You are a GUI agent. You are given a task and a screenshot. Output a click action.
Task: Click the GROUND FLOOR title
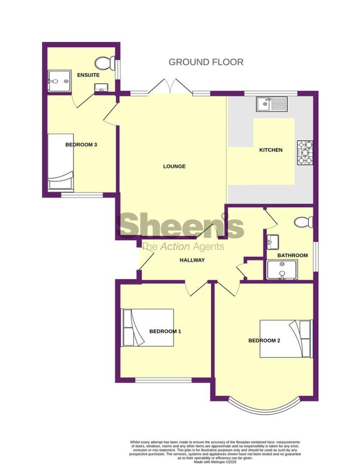point(206,62)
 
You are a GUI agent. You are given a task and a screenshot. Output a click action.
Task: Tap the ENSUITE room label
point(88,75)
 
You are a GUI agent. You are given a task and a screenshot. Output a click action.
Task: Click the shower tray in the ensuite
point(59,81)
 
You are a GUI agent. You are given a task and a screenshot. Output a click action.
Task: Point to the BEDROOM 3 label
point(82,145)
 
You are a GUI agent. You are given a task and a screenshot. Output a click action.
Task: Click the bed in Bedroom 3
point(61,161)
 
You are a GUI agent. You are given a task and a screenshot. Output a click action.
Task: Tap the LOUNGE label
point(175,166)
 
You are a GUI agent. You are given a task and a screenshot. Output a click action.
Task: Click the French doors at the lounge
point(170,87)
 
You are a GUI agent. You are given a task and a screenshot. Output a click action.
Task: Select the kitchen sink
point(272,104)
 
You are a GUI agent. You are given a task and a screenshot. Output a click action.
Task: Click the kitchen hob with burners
point(306,153)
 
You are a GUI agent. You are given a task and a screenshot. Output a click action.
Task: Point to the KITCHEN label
point(271,150)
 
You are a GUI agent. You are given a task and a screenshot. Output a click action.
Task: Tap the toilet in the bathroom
point(304,222)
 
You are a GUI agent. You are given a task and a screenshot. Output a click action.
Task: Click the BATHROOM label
point(292,256)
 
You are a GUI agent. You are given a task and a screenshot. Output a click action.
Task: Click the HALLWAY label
point(192,260)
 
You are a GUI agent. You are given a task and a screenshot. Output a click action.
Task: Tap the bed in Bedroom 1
point(147,328)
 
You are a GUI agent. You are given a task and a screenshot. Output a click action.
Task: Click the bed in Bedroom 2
point(286,339)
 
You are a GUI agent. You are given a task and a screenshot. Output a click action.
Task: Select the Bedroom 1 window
point(164,380)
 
